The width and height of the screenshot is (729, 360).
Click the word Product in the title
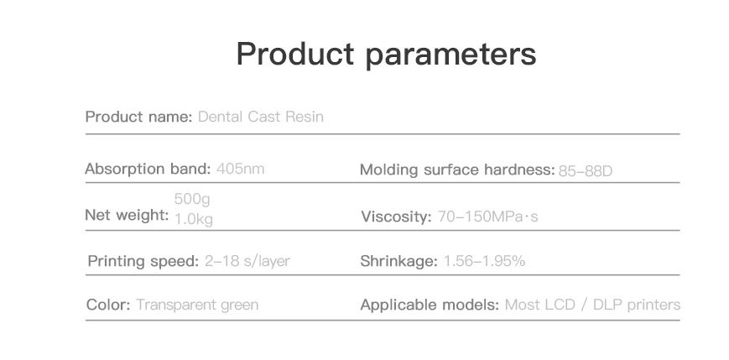[294, 54]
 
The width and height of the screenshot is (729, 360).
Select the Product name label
[138, 117]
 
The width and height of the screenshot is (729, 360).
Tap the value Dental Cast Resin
[260, 117]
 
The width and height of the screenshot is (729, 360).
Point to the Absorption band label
[148, 169]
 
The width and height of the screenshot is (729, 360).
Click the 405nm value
[241, 169]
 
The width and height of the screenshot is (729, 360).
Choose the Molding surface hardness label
[457, 170]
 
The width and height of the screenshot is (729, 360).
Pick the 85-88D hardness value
[586, 171]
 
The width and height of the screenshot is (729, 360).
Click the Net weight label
[127, 215]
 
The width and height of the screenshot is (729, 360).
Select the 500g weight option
[192, 199]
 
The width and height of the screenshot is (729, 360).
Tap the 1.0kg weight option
[194, 219]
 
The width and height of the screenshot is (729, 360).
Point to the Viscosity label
[397, 217]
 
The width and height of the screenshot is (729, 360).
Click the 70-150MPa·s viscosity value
[487, 217]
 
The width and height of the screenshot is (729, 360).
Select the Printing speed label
[143, 261]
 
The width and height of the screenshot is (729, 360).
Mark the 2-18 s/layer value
[247, 261]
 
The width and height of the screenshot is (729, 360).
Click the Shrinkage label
[399, 261]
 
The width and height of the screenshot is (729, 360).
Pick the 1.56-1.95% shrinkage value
[484, 261]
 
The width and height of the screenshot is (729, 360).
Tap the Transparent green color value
[197, 305]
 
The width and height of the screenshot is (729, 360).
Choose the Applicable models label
[430, 305]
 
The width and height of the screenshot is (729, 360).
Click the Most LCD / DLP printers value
[593, 305]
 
